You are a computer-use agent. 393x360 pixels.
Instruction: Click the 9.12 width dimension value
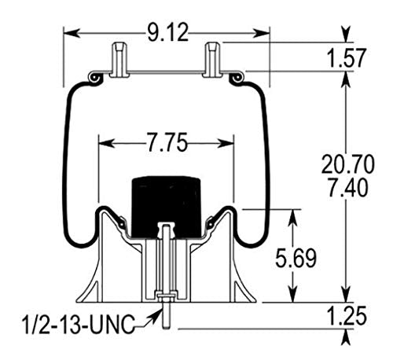coord(167,33)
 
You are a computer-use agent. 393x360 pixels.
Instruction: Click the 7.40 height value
coord(347,189)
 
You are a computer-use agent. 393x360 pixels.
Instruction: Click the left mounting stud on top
coord(118,58)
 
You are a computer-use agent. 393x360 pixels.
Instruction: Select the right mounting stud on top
coord(212,58)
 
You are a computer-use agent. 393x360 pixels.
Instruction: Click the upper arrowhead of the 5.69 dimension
coord(294,215)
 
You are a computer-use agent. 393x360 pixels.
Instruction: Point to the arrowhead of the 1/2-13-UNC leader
coord(151,320)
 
